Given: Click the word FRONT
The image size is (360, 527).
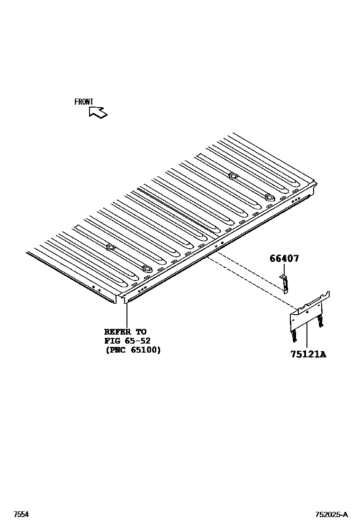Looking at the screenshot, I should pos(84,102).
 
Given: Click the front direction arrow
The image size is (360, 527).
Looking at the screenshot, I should pos(98,112).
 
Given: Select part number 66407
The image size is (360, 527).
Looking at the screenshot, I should pos(284,259).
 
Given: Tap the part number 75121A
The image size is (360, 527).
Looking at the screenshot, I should pos(308,354).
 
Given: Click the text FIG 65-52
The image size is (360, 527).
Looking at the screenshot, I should pos(127,341).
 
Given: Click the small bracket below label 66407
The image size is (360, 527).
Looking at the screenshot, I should pos(285,284).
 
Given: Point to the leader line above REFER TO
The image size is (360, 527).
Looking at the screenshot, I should pos(127,313).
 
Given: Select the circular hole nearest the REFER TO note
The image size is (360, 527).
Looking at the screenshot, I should pos(146,269).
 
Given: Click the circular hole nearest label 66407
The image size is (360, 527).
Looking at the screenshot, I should pos(269,197).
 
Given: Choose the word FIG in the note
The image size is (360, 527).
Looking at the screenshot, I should pos(111,341).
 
